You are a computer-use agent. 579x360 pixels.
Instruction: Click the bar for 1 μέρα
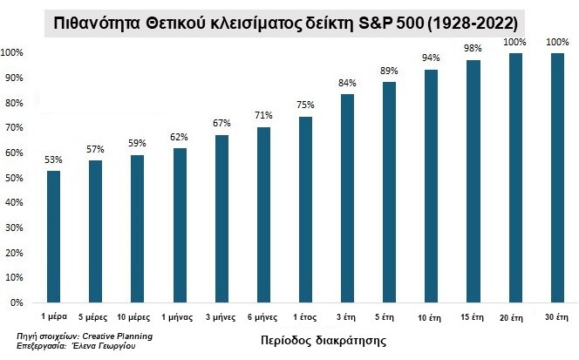click(x=54, y=236)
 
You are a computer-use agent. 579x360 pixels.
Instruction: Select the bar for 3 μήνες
click(x=221, y=219)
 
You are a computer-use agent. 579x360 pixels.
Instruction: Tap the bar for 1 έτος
click(x=305, y=209)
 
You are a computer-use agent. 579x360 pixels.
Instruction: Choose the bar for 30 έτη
click(x=556, y=178)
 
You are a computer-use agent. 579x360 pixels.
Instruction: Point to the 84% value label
click(x=347, y=84)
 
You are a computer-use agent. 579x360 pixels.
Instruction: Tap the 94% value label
click(x=431, y=58)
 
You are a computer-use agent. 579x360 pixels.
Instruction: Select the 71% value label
click(x=263, y=116)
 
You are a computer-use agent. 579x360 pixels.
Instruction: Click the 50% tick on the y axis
click(x=12, y=178)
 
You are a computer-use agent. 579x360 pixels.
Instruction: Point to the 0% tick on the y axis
click(x=15, y=302)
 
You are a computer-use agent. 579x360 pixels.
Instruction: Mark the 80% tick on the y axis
click(x=12, y=103)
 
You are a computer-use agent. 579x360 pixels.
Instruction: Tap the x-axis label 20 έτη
click(x=514, y=316)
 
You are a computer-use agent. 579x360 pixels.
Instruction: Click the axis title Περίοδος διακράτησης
click(x=311, y=336)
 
